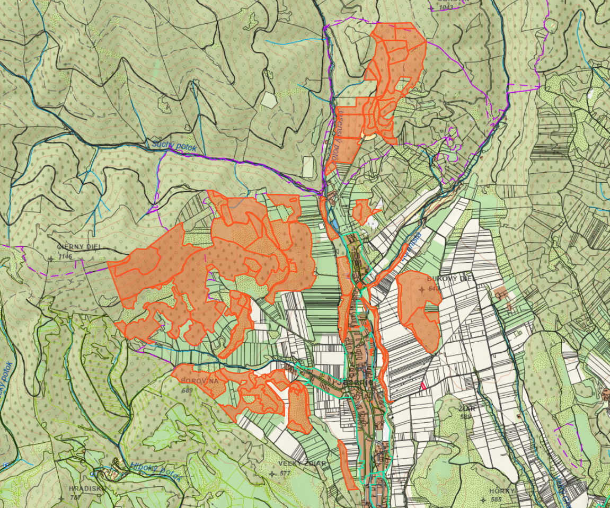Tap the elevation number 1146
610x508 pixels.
click(x=65, y=256)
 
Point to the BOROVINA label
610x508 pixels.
click(x=200, y=381)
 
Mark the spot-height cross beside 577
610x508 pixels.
click(x=273, y=474)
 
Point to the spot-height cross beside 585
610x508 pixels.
click(x=483, y=500)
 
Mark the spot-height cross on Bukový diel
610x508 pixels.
click(x=422, y=289)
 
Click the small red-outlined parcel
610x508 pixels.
click(x=422, y=385)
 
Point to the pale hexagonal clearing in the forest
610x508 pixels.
click(x=269, y=100)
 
